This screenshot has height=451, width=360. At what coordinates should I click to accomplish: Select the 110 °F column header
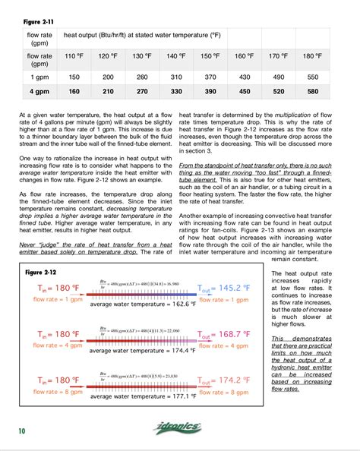coord(74,56)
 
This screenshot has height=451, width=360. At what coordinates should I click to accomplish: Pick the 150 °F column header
coord(210,56)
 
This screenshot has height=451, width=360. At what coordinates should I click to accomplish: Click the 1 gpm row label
coord(39,77)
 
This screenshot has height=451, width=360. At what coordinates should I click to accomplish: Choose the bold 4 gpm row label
coord(39,93)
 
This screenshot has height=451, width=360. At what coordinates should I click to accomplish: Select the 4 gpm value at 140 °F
coord(176,93)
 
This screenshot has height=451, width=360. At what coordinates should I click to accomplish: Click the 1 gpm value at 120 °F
coord(108,77)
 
